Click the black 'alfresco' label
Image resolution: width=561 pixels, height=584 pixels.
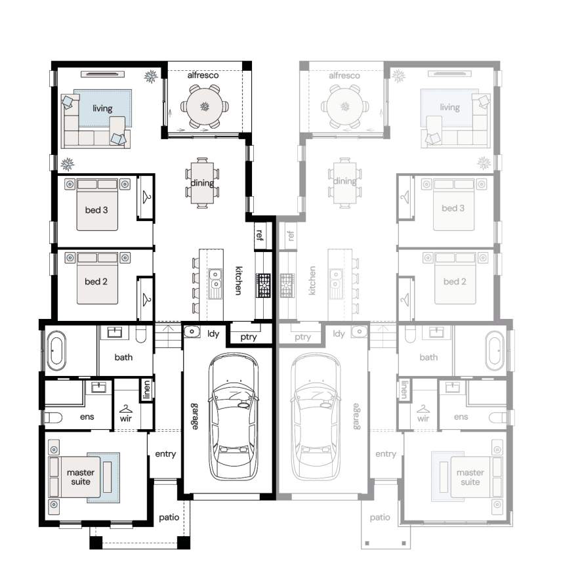[203, 75]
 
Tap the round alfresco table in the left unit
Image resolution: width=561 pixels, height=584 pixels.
[205, 106]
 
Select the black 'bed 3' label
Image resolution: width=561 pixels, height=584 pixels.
[96, 210]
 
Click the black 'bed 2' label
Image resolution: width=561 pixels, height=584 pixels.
[96, 282]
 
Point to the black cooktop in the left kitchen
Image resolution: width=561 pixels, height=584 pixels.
[263, 285]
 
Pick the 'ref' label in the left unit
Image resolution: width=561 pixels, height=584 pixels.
[260, 235]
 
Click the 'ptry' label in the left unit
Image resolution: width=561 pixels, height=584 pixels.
[249, 337]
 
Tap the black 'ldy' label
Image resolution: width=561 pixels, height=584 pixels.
[213, 334]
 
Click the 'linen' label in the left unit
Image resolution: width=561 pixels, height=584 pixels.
[147, 390]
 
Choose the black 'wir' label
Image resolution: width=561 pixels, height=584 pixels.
[126, 419]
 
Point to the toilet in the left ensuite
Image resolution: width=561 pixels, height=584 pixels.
[53, 418]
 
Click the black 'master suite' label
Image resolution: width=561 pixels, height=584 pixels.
[81, 477]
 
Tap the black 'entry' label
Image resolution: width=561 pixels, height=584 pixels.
[165, 454]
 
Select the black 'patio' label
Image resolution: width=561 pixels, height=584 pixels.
[169, 518]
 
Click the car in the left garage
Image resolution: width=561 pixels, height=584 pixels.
[234, 417]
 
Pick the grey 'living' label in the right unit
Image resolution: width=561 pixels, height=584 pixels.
[449, 108]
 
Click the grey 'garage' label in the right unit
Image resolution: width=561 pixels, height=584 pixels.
[356, 417]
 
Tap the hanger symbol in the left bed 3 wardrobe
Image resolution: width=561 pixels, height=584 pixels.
[147, 197]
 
